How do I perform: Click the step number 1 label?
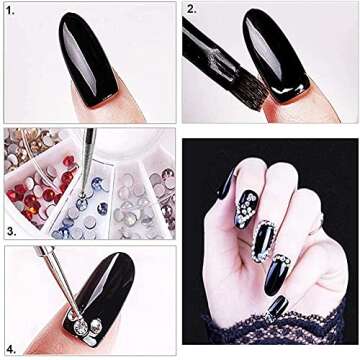click(x=10, y=11)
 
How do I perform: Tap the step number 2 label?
click(x=192, y=9)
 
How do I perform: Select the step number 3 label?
click(x=11, y=232)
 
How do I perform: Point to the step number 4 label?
click(x=11, y=350)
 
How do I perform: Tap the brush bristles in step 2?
click(x=252, y=92)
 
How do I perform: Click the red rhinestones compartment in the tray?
click(x=38, y=193)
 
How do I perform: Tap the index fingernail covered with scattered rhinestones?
click(x=246, y=209)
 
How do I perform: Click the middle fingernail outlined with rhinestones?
click(x=263, y=242)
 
